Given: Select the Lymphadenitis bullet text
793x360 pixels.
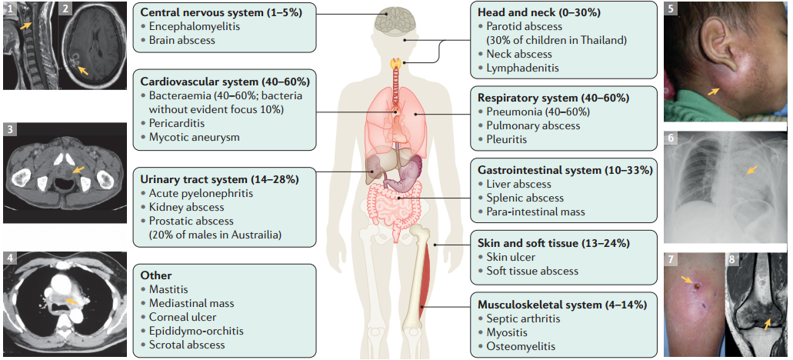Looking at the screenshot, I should [522, 68].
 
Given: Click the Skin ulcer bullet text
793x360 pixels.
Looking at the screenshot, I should [511, 257].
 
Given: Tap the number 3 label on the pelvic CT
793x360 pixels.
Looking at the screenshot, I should [11, 128].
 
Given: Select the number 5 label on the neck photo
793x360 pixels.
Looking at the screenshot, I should [671, 9].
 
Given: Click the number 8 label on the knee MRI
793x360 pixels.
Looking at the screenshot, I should [733, 259].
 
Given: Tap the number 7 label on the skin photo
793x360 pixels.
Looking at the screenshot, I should [671, 259].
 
